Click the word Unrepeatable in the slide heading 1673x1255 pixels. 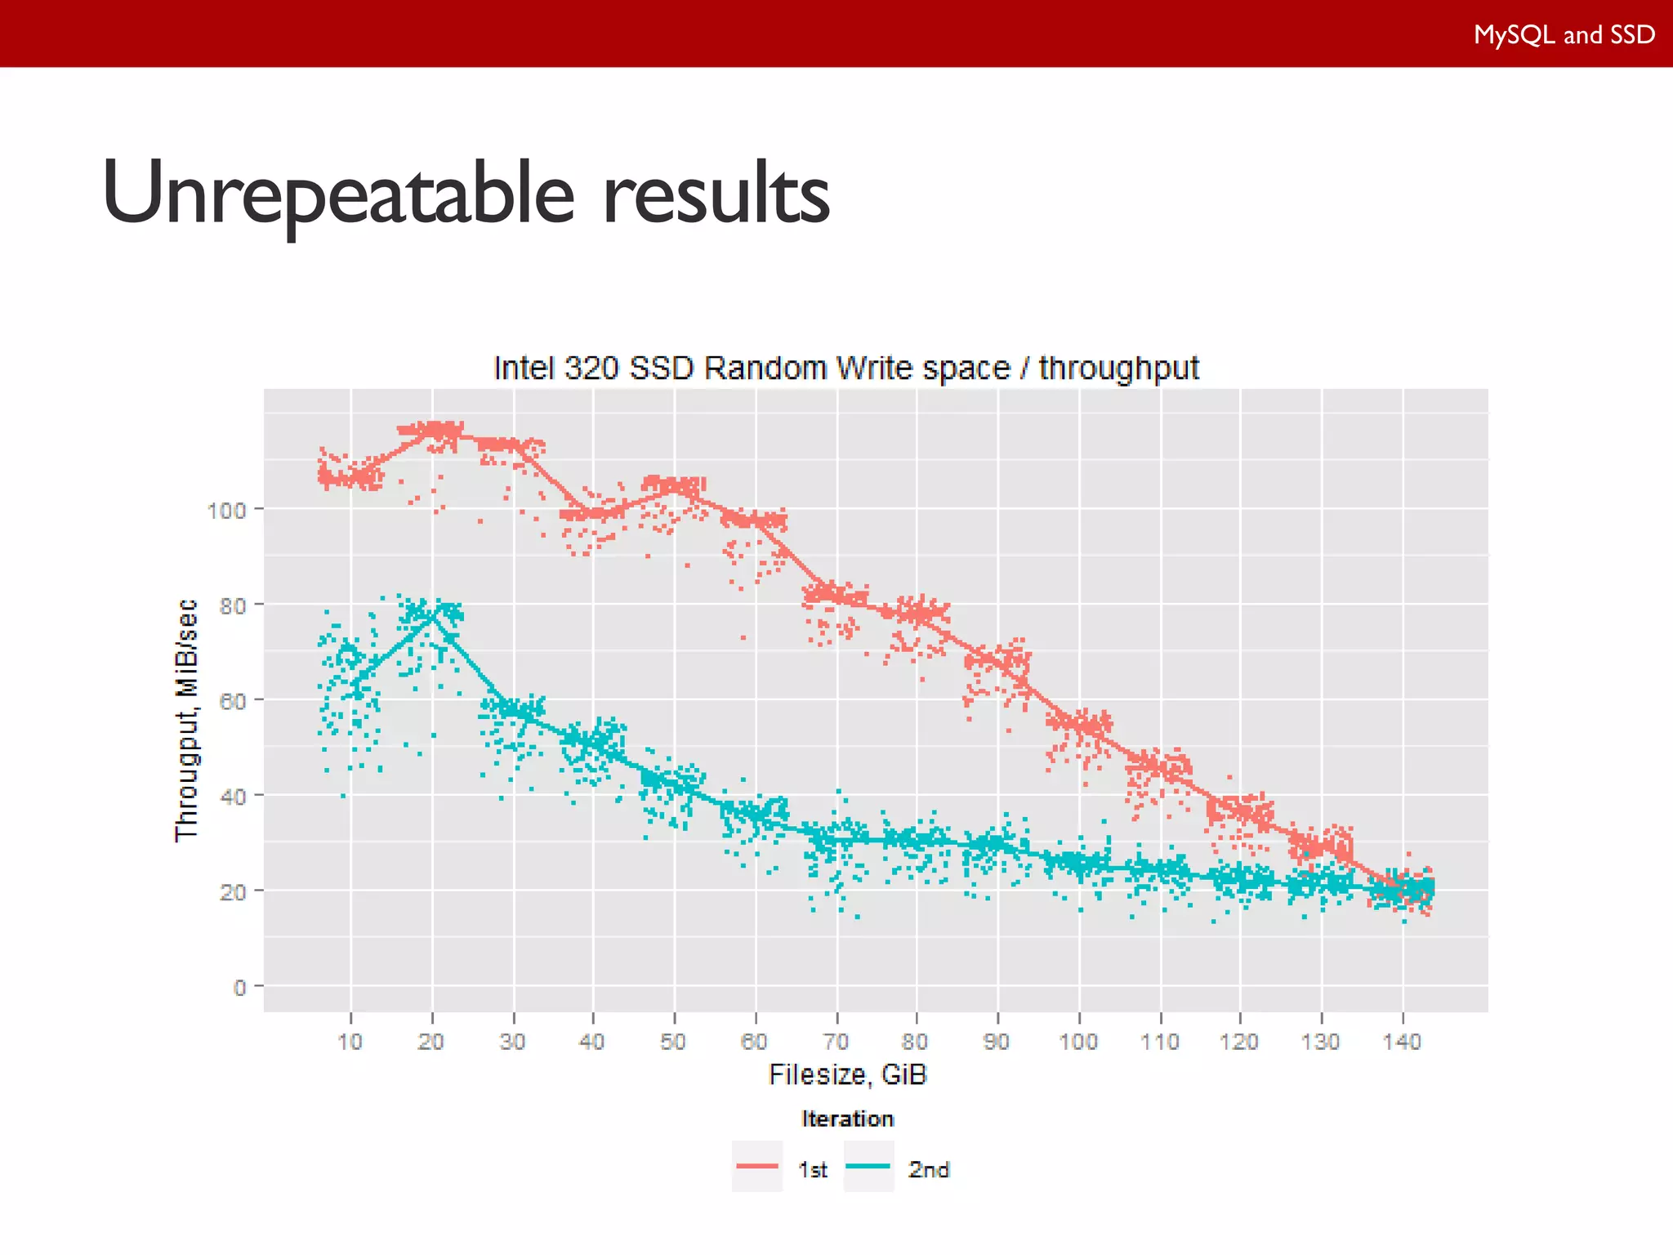(x=338, y=194)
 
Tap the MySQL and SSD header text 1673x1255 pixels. (x=1564, y=34)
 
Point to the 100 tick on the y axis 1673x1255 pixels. (x=226, y=511)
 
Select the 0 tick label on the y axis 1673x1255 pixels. (x=239, y=988)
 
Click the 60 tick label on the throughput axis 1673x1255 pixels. (x=232, y=701)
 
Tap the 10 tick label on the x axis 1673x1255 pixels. (x=350, y=1042)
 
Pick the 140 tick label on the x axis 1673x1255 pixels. (x=1402, y=1042)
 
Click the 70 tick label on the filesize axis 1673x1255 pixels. (x=836, y=1042)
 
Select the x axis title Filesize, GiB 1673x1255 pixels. (x=847, y=1074)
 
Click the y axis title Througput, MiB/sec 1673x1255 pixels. (x=187, y=719)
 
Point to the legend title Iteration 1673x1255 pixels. (x=847, y=1119)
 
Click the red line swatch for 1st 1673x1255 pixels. (x=756, y=1166)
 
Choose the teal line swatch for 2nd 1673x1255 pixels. (x=868, y=1166)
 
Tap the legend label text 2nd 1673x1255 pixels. (x=929, y=1170)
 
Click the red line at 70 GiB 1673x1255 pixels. (x=836, y=595)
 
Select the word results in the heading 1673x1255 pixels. (x=716, y=194)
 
